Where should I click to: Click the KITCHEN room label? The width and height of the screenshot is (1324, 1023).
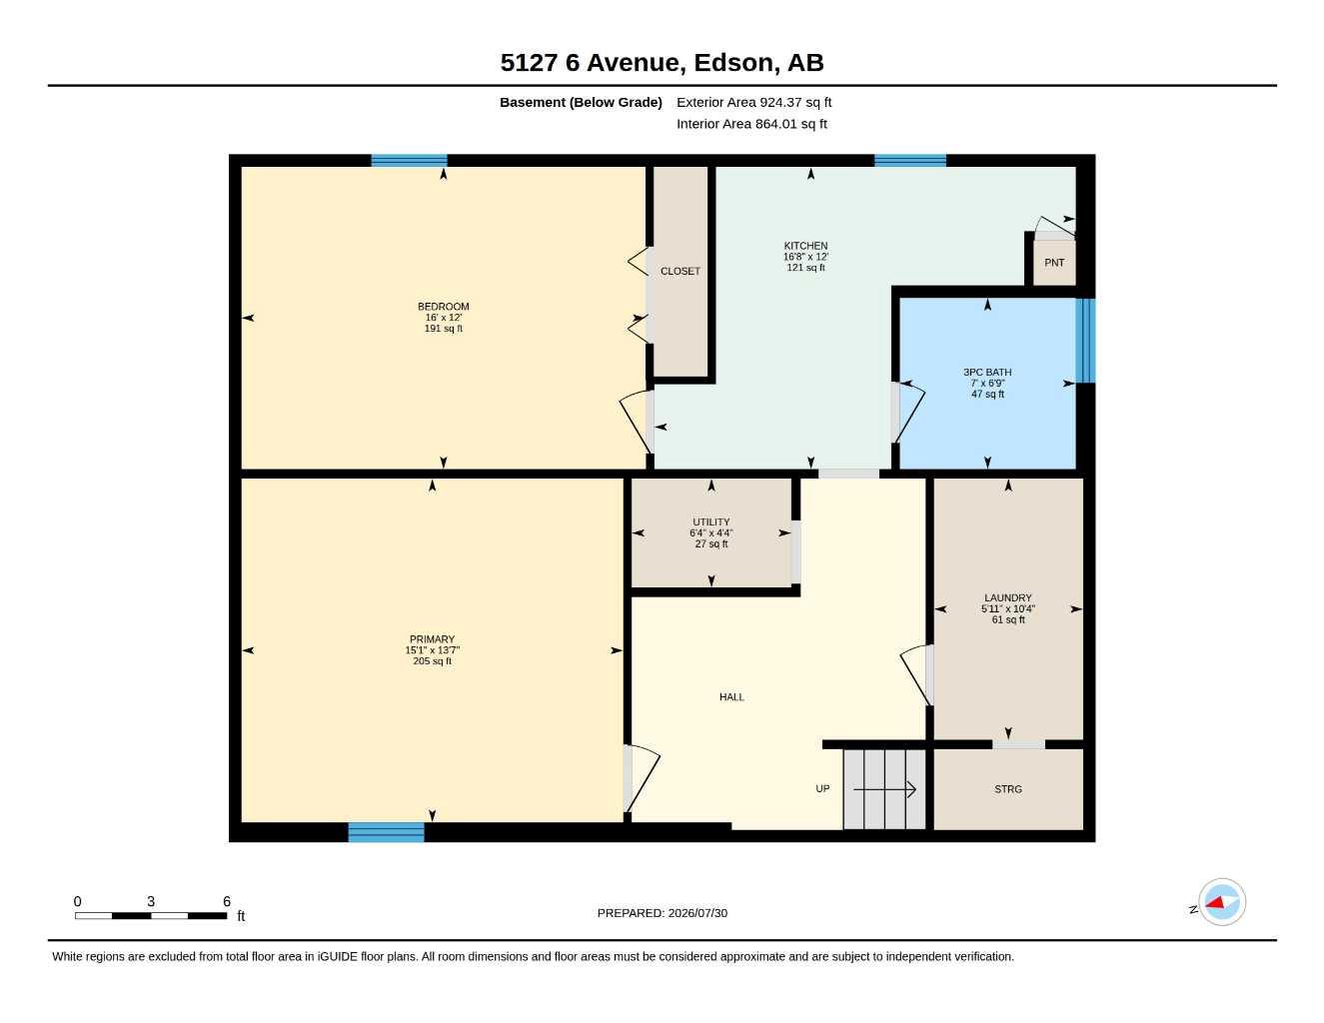tap(805, 246)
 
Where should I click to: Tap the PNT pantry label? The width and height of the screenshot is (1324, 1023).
tap(1054, 263)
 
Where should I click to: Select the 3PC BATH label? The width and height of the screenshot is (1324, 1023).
tap(987, 372)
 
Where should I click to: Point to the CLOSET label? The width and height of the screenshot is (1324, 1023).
tap(679, 272)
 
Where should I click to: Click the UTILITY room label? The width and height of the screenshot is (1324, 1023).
tap(711, 522)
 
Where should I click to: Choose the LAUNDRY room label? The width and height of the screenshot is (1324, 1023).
tap(1008, 598)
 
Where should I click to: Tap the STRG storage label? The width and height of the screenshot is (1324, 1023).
tap(1008, 789)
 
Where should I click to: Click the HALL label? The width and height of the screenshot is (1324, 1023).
tap(731, 697)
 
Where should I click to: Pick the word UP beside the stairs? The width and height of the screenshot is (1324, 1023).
tap(822, 788)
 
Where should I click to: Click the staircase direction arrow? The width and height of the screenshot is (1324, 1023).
tap(884, 790)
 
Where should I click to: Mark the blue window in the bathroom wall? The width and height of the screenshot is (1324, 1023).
tap(1085, 341)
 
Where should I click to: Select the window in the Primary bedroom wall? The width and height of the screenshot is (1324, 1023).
tap(386, 832)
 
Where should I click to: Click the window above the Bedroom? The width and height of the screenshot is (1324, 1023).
tap(409, 161)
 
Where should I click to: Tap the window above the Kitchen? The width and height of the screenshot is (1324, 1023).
tap(909, 161)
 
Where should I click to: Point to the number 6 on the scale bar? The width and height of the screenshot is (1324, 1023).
tap(227, 901)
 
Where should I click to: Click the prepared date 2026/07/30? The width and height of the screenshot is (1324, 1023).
tap(697, 913)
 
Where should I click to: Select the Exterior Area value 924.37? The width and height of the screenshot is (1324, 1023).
tap(782, 102)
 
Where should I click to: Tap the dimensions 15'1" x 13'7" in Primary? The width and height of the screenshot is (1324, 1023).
tap(432, 650)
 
